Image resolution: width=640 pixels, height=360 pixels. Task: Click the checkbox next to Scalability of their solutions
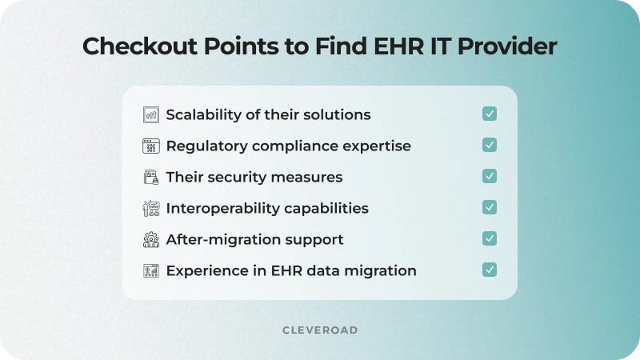(490, 114)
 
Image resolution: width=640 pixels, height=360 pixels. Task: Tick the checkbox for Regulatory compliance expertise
(490, 146)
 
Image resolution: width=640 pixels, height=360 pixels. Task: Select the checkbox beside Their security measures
(490, 176)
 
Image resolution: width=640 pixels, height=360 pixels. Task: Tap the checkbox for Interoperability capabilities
(490, 207)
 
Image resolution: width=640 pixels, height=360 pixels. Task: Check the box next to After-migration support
(490, 238)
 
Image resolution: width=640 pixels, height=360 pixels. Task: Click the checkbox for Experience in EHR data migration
(490, 270)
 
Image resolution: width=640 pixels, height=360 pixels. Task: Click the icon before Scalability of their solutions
(151, 114)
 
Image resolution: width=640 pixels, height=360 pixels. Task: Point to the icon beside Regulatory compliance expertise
(151, 146)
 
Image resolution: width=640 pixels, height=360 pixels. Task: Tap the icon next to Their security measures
(151, 177)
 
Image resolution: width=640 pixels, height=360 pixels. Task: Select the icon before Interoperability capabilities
(151, 208)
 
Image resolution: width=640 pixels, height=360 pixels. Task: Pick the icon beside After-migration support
(151, 239)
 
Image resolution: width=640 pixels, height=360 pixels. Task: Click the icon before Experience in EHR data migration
(151, 270)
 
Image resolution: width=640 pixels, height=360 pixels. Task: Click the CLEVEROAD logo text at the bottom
(320, 330)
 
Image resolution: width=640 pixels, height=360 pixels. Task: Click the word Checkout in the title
(133, 47)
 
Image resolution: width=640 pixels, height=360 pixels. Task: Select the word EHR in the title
(398, 47)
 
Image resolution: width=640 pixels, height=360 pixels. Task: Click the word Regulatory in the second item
(202, 146)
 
